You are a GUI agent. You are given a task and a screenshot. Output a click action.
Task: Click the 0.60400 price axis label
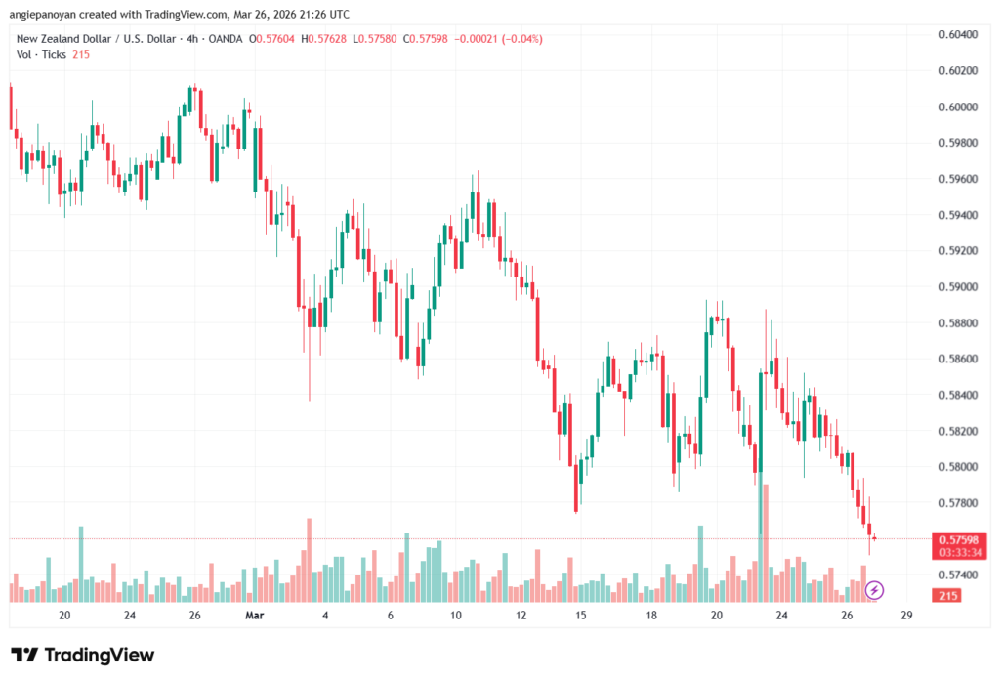(958, 34)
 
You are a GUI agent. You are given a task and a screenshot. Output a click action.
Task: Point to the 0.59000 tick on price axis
(958, 286)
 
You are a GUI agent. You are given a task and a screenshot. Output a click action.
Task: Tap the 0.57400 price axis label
(958, 575)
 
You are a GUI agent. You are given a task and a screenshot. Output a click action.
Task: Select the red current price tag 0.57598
(958, 539)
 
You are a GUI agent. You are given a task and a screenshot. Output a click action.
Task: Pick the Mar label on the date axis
(255, 616)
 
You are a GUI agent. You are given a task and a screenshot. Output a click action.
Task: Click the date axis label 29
(907, 616)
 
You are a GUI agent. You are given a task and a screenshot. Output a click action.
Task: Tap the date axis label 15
(581, 616)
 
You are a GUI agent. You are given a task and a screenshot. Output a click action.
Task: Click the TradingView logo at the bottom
(83, 655)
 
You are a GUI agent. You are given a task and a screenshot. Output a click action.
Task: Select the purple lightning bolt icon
(875, 589)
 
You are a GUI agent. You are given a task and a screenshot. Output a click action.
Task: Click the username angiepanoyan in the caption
(53, 14)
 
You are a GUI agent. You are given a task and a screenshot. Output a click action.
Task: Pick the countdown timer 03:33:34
(958, 552)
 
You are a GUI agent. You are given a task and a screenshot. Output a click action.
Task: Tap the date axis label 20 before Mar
(64, 616)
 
